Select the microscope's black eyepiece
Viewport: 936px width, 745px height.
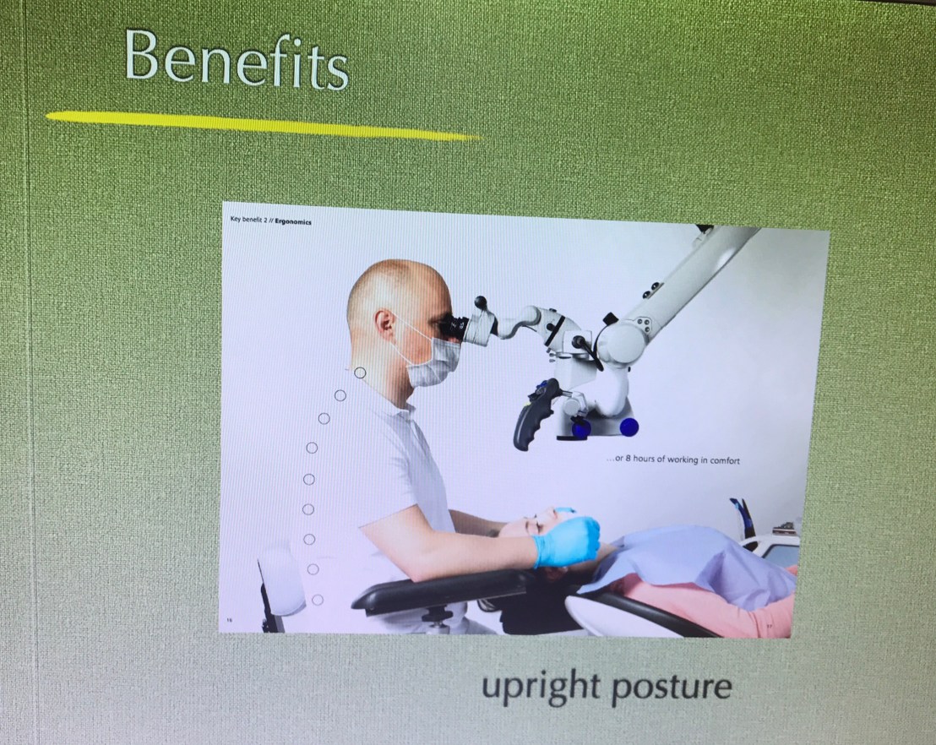pyautogui.click(x=453, y=326)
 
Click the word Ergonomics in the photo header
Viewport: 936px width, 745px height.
pyautogui.click(x=293, y=222)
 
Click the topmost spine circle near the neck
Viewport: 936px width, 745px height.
pyautogui.click(x=359, y=373)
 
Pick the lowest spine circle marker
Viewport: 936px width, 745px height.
pyautogui.click(x=318, y=600)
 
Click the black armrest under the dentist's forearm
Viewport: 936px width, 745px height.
pyautogui.click(x=442, y=588)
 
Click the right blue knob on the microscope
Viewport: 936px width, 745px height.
pyautogui.click(x=629, y=427)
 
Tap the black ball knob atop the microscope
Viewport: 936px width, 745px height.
pyautogui.click(x=481, y=302)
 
